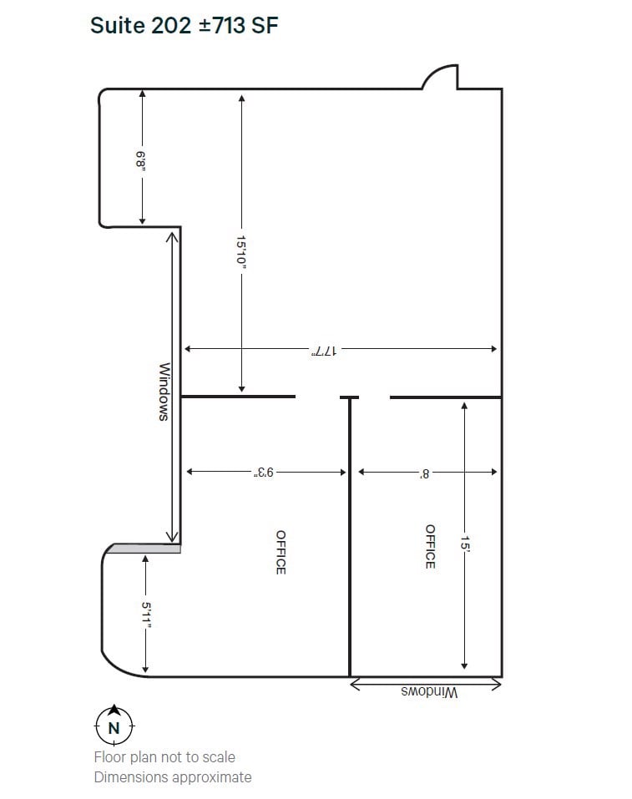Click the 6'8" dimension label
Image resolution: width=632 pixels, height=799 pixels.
(142, 159)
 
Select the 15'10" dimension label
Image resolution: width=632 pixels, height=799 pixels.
(241, 251)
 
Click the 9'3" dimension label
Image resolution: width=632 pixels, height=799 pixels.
(265, 473)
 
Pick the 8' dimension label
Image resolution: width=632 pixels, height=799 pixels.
(425, 473)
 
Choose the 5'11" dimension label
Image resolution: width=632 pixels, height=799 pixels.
(145, 617)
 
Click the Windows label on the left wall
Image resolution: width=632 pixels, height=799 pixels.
(164, 391)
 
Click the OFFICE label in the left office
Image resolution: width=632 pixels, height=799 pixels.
(281, 552)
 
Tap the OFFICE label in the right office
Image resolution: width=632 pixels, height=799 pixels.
(430, 547)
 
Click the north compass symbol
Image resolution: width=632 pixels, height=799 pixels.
(114, 726)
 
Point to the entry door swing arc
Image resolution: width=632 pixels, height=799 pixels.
(439, 76)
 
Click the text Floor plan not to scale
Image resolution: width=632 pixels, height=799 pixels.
(164, 757)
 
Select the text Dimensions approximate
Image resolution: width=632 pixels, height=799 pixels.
(172, 777)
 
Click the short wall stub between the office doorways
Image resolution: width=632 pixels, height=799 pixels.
(349, 397)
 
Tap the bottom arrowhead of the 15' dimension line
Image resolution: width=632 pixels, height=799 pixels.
(464, 665)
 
